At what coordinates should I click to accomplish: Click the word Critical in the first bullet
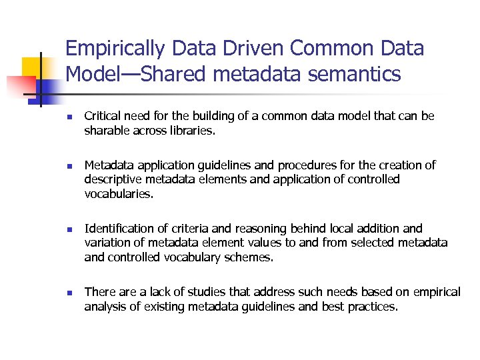(x=103, y=116)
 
